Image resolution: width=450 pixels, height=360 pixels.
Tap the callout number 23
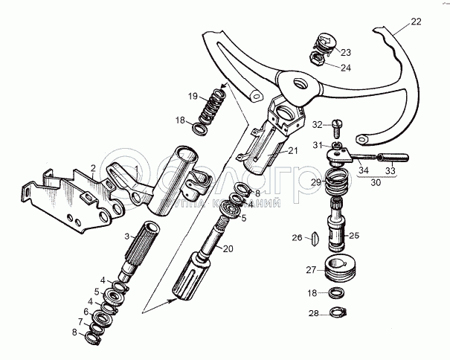[346, 53]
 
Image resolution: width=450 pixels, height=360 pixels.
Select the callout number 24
[346, 67]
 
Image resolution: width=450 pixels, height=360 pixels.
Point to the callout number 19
[192, 96]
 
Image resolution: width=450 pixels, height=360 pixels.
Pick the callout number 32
[317, 123]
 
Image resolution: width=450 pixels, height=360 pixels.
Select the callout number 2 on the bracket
[93, 168]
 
